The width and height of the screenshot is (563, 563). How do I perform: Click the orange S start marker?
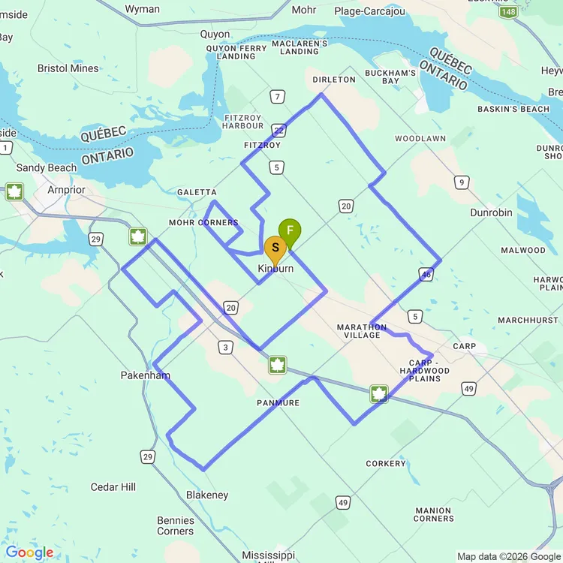275,248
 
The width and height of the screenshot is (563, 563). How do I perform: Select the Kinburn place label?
275,269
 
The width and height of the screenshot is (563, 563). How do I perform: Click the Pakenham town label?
146,375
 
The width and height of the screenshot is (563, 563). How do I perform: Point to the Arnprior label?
66,190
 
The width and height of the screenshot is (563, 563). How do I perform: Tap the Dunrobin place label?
491,212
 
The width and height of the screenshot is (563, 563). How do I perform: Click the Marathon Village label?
362,331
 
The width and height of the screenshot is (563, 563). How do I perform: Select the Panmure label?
278,403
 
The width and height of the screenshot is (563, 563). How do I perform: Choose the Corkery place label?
386,464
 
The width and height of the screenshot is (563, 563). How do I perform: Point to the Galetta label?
197,193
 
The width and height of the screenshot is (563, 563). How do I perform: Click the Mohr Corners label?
203,223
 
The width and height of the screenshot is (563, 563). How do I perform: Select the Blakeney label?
207,495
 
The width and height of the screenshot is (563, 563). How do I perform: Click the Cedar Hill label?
113,487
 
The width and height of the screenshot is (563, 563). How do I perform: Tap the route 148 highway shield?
507,12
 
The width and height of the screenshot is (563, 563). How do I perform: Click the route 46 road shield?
426,275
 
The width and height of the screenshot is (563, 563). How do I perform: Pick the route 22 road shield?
278,129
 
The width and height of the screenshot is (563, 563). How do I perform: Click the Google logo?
29,553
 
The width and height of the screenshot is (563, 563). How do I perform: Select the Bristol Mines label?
68,68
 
